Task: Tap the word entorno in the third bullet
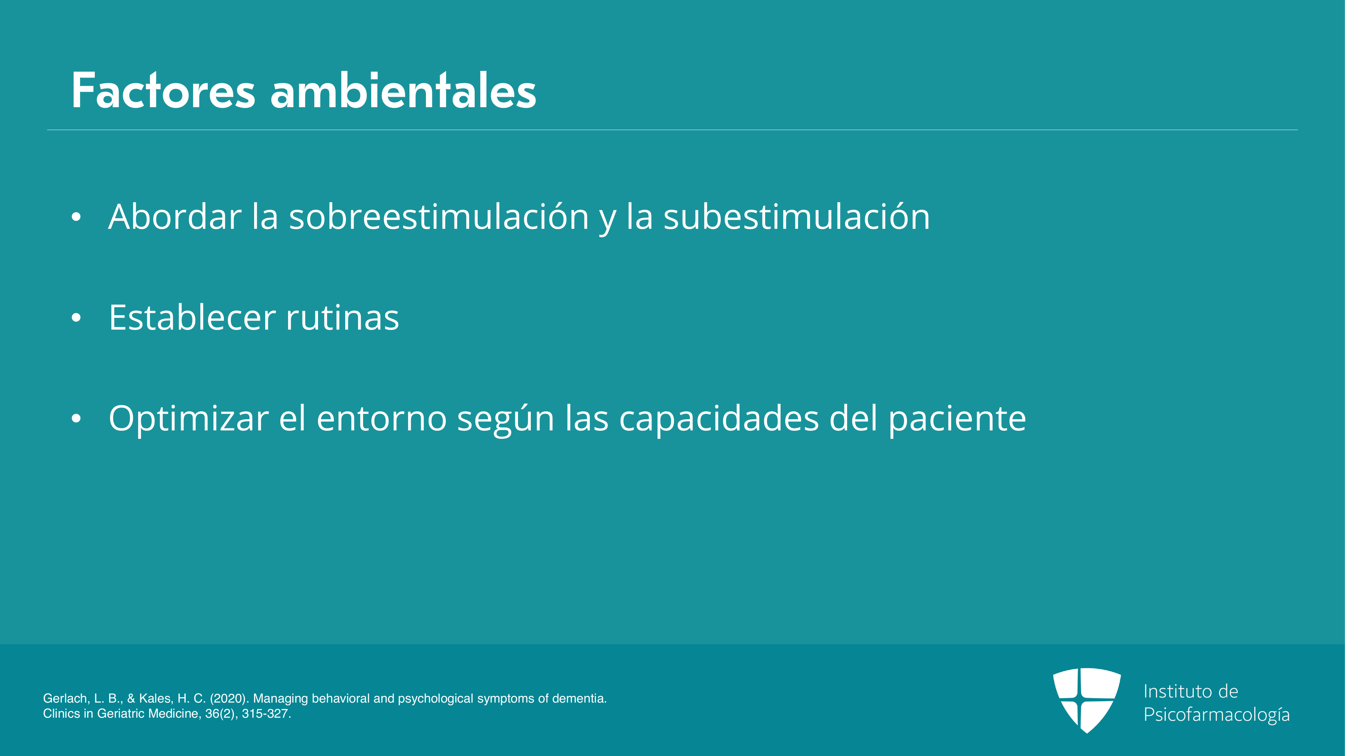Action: pyautogui.click(x=382, y=419)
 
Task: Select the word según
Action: pyautogui.click(x=505, y=419)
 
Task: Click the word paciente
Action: pyautogui.click(x=958, y=419)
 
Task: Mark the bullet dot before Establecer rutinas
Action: pyautogui.click(x=76, y=318)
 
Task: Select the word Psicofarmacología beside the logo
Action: pyautogui.click(x=1217, y=715)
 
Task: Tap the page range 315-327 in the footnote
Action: pyautogui.click(x=266, y=714)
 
